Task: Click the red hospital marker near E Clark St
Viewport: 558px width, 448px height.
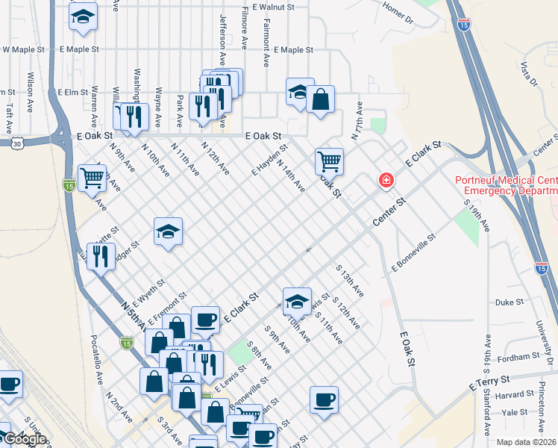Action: tap(386, 179)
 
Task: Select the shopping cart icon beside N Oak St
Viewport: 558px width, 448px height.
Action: tap(329, 160)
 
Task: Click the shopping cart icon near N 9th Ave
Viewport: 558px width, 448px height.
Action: tap(92, 178)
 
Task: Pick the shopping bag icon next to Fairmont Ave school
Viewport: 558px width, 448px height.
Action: tap(320, 99)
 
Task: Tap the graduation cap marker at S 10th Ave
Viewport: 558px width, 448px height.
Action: tap(297, 301)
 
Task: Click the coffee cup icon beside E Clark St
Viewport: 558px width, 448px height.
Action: tap(206, 320)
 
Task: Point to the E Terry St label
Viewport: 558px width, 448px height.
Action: tap(489, 384)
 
